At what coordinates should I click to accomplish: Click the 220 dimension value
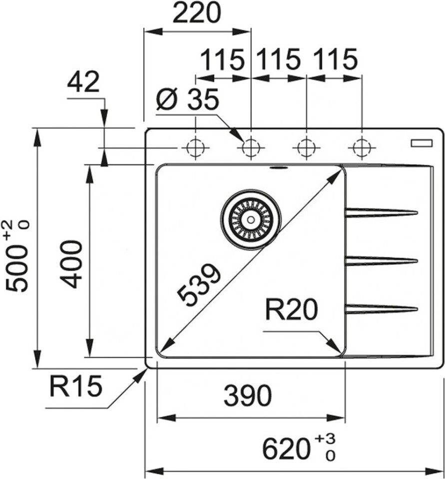coord(196,14)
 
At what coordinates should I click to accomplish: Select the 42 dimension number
coord(83,82)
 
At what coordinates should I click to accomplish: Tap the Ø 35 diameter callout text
coord(187,101)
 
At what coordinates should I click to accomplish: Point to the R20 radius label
coord(291,311)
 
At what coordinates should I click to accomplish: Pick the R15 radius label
coord(75,386)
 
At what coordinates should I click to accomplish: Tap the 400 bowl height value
coord(71,264)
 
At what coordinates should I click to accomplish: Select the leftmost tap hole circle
coord(195,148)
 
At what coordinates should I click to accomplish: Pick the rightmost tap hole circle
coord(361,148)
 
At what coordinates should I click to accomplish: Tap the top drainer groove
coord(381,213)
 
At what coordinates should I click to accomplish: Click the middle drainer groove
coord(381,260)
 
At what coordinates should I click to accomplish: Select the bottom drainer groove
coord(381,309)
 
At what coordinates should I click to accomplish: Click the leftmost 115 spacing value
coord(223,60)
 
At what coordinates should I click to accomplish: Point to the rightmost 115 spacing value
coord(335,60)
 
